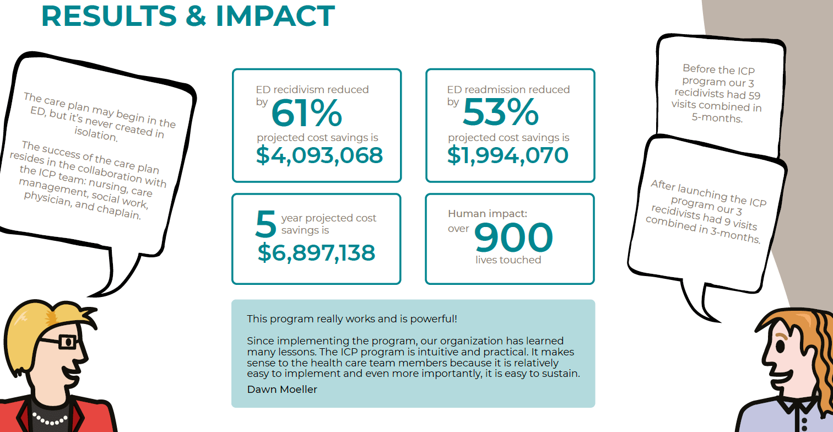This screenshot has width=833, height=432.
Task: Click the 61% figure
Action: pyautogui.click(x=306, y=114)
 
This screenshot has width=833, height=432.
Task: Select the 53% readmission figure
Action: pyautogui.click(x=500, y=113)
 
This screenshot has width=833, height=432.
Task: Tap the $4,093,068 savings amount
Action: pyautogui.click(x=320, y=155)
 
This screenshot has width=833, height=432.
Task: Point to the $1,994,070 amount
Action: pyautogui.click(x=507, y=155)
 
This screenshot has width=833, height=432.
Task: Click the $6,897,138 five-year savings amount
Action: pyautogui.click(x=316, y=253)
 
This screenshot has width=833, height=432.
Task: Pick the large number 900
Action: pyautogui.click(x=513, y=238)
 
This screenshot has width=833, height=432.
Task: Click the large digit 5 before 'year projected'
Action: pyautogui.click(x=266, y=224)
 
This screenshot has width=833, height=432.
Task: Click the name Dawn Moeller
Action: pyautogui.click(x=282, y=390)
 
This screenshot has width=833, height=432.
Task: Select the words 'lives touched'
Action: pyautogui.click(x=508, y=260)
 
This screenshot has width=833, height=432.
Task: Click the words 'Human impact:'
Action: pyautogui.click(x=488, y=214)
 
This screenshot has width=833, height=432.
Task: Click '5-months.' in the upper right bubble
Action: pyautogui.click(x=717, y=118)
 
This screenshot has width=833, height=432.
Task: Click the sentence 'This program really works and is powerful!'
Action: pyautogui.click(x=352, y=319)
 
